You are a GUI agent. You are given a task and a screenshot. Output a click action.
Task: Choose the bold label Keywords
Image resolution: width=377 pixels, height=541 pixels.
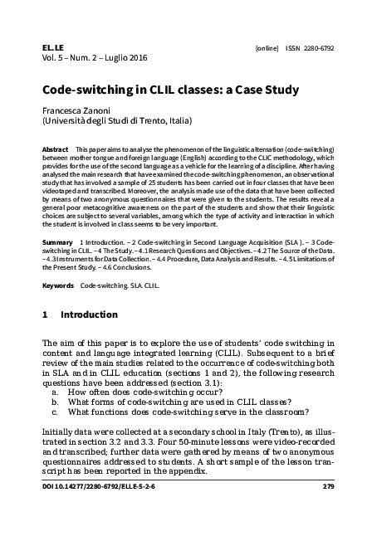[x=57, y=285]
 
